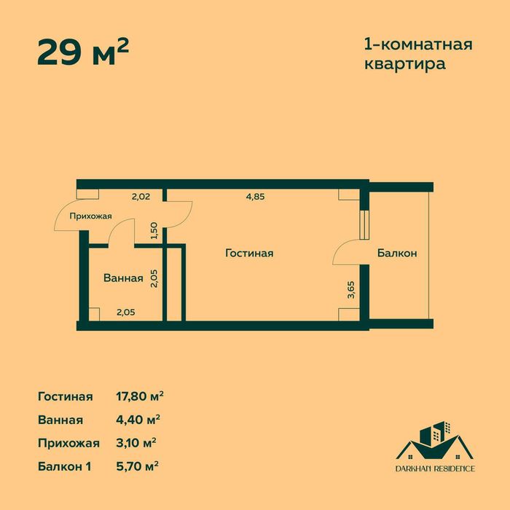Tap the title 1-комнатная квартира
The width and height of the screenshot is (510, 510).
(417, 54)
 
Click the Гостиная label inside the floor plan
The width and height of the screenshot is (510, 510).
(249, 254)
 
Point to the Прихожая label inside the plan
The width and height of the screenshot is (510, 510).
(90, 216)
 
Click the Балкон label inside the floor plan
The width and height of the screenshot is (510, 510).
(396, 254)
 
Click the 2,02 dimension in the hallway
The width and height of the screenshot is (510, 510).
(141, 195)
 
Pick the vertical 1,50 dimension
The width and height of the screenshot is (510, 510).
(154, 231)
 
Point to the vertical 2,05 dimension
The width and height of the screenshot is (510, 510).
(154, 279)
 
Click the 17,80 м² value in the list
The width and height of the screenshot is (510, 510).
(140, 396)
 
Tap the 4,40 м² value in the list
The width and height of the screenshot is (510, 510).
(138, 420)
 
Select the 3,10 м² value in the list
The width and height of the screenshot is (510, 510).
(137, 443)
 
